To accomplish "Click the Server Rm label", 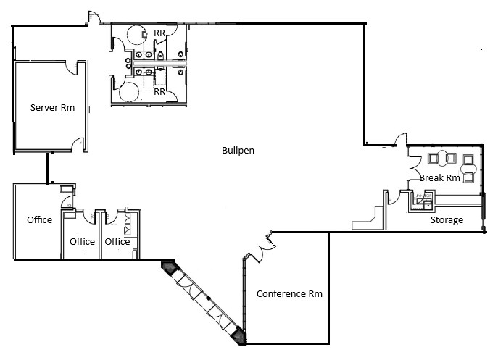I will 52,108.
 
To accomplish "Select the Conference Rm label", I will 289,294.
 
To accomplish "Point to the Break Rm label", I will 439,178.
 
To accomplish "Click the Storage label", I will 447,220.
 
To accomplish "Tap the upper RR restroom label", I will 159,33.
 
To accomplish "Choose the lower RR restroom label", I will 159,92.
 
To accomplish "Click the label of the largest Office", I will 39,219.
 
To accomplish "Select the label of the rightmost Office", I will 117,241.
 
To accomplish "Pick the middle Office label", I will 82,241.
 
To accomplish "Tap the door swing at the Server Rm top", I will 71,68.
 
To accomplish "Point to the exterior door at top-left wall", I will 94,19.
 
